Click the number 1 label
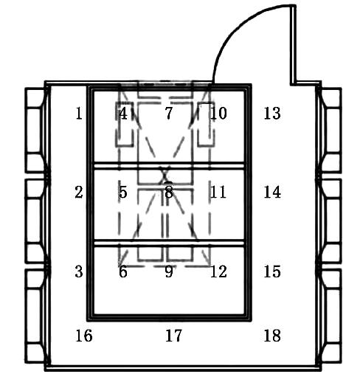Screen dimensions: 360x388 click(79, 114)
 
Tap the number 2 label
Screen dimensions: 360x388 click(79, 192)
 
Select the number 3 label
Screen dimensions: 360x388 click(79, 271)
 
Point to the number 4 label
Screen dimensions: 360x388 click(123, 114)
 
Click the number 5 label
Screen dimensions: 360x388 click(123, 192)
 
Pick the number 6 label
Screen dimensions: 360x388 click(123, 271)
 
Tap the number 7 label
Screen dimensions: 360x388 click(169, 114)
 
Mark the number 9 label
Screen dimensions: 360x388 click(169, 271)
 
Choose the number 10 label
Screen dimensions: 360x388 click(218, 114)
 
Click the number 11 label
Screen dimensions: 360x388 click(218, 192)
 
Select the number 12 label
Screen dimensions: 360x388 click(218, 271)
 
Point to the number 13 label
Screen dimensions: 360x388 click(272, 114)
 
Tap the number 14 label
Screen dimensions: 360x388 click(272, 192)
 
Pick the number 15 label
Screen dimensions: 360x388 click(272, 271)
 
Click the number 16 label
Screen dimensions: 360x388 click(84, 336)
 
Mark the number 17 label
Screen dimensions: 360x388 click(173, 336)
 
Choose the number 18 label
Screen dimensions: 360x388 click(272, 336)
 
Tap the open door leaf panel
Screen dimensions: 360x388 click(293, 45)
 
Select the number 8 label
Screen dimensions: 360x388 click(169, 192)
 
